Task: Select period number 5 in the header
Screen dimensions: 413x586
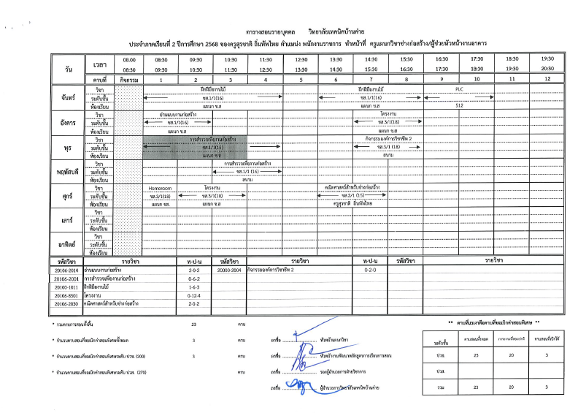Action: click(x=301, y=78)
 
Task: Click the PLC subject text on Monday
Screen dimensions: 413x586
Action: click(x=459, y=88)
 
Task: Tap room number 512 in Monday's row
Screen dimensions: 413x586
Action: click(x=459, y=106)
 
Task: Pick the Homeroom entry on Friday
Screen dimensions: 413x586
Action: click(x=160, y=187)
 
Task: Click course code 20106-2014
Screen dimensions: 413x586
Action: click(x=66, y=270)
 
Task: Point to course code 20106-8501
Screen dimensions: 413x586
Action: click(x=66, y=295)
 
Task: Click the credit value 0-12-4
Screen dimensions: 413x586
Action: click(x=194, y=295)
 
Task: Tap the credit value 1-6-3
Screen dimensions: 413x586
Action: click(x=194, y=287)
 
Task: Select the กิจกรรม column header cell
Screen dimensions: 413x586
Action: click(x=128, y=78)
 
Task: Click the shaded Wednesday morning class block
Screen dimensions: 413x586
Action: click(x=196, y=147)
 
